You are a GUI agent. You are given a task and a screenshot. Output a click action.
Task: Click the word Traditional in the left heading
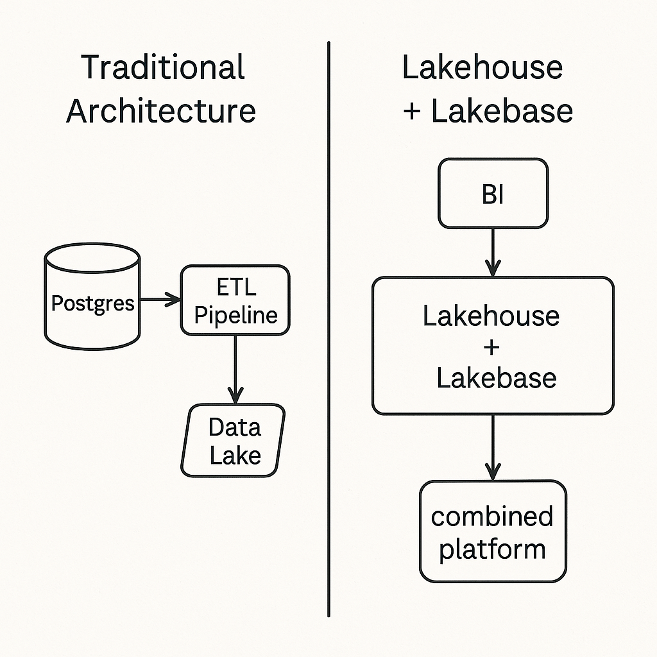coord(163,67)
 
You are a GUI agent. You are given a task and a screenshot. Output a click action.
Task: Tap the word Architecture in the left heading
coord(161,110)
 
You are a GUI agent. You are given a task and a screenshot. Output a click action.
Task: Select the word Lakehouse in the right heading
coord(482,67)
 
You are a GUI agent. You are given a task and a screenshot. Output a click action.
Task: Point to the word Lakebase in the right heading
coord(502,110)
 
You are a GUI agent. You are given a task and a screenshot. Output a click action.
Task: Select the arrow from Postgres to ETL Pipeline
coord(160,299)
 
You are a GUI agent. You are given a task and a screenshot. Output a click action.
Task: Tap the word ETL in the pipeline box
coord(235,287)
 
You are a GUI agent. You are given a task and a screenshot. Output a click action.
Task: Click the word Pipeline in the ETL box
coord(235,314)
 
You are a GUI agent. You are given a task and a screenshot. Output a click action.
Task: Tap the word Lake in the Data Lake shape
coord(235,455)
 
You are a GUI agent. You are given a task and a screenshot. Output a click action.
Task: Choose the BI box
coord(493,194)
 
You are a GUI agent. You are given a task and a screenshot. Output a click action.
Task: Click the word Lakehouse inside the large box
coord(491,316)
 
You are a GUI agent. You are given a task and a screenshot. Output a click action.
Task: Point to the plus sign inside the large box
coord(492,347)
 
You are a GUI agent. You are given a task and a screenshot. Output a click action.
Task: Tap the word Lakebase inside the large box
coord(496,377)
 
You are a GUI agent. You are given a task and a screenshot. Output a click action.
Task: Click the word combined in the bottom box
coord(492,516)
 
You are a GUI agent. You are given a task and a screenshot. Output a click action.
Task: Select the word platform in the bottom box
coord(492,549)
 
